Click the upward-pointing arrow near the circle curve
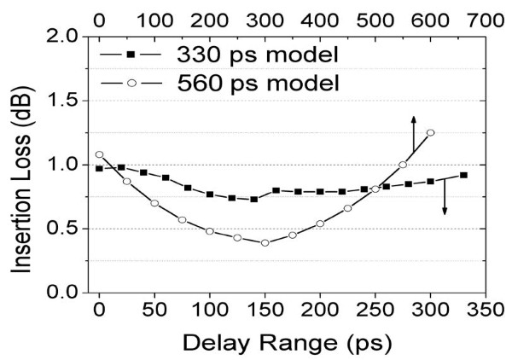pyautogui.click(x=413, y=131)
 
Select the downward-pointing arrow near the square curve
pyautogui.click(x=445, y=198)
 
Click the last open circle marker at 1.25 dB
pyautogui.click(x=430, y=132)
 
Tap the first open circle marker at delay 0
pyautogui.click(x=99, y=154)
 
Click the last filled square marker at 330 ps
pyautogui.click(x=463, y=175)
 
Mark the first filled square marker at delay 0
pyautogui.click(x=99, y=169)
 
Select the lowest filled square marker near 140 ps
pyautogui.click(x=253, y=199)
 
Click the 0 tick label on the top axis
pyautogui.click(x=99, y=16)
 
